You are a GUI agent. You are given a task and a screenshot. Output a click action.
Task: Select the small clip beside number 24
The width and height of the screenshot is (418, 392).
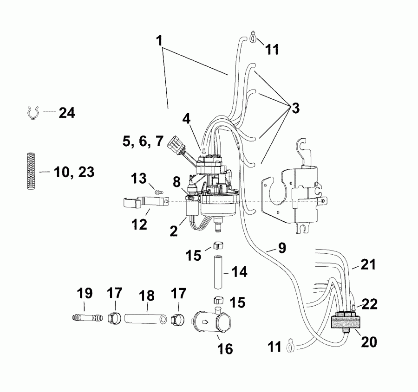coord(32,113)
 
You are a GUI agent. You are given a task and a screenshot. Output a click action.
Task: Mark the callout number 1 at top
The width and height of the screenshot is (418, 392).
coord(160,41)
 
